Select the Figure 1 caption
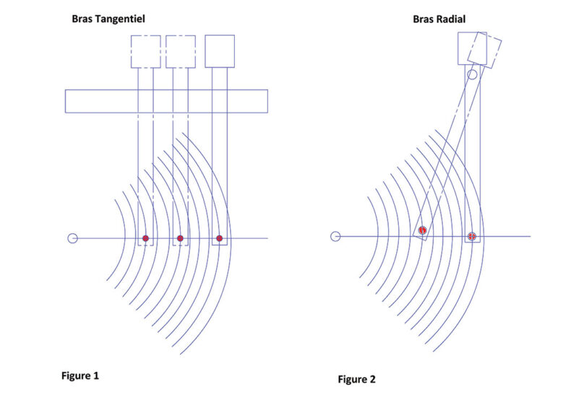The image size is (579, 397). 80,376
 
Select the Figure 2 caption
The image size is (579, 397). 356,379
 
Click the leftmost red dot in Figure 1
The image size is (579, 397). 145,238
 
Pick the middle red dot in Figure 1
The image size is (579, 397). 180,238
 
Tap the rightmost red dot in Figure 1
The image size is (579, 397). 219,238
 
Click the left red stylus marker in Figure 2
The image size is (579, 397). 422,230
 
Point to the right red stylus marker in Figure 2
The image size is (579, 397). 472,236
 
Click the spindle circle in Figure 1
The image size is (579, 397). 73,238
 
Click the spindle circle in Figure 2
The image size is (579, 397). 335,236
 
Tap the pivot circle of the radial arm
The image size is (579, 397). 472,74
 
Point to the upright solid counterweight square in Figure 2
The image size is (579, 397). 458,48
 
